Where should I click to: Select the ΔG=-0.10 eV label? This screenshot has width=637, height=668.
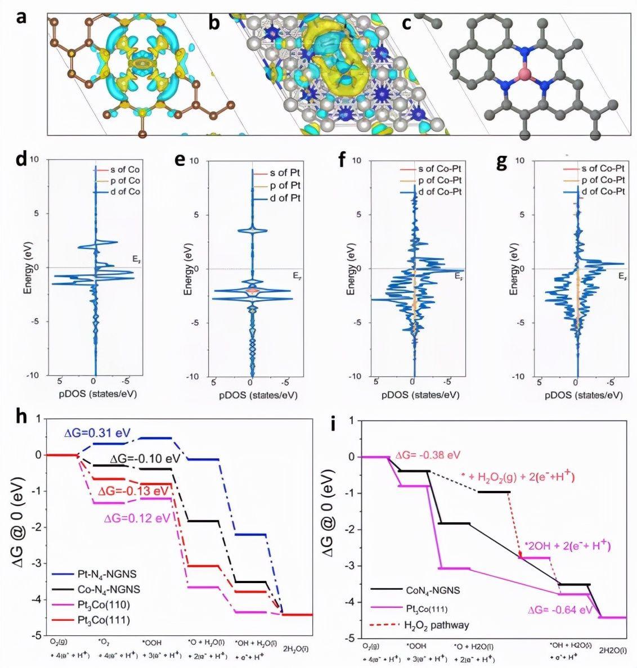pos(145,458)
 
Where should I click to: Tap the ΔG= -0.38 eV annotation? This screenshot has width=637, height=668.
pos(429,455)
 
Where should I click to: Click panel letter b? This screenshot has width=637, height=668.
pos(214,22)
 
